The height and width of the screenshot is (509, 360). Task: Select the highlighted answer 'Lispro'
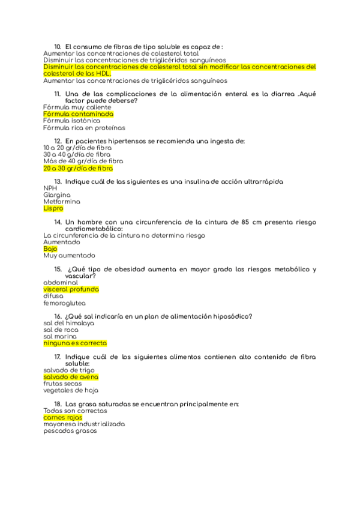53,209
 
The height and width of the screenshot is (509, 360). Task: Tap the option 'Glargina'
57,195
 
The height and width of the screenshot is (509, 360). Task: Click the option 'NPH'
50,188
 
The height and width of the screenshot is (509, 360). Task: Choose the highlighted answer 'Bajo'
50,248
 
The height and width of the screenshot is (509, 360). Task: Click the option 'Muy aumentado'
69,256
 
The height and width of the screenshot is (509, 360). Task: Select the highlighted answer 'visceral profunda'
71,289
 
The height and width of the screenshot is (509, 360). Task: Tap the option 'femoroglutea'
64,304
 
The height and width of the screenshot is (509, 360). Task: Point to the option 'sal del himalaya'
68,323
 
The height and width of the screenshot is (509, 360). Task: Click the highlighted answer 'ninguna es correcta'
75,343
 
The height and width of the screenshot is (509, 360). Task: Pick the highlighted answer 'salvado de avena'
71,377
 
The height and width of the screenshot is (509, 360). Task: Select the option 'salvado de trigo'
69,370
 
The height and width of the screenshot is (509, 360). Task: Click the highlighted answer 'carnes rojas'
62,417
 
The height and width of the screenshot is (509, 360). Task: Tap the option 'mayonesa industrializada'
84,424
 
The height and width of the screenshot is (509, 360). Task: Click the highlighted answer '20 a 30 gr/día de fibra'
78,169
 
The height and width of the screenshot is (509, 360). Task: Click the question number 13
58,181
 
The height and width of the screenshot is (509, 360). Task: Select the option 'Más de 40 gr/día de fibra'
83,161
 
